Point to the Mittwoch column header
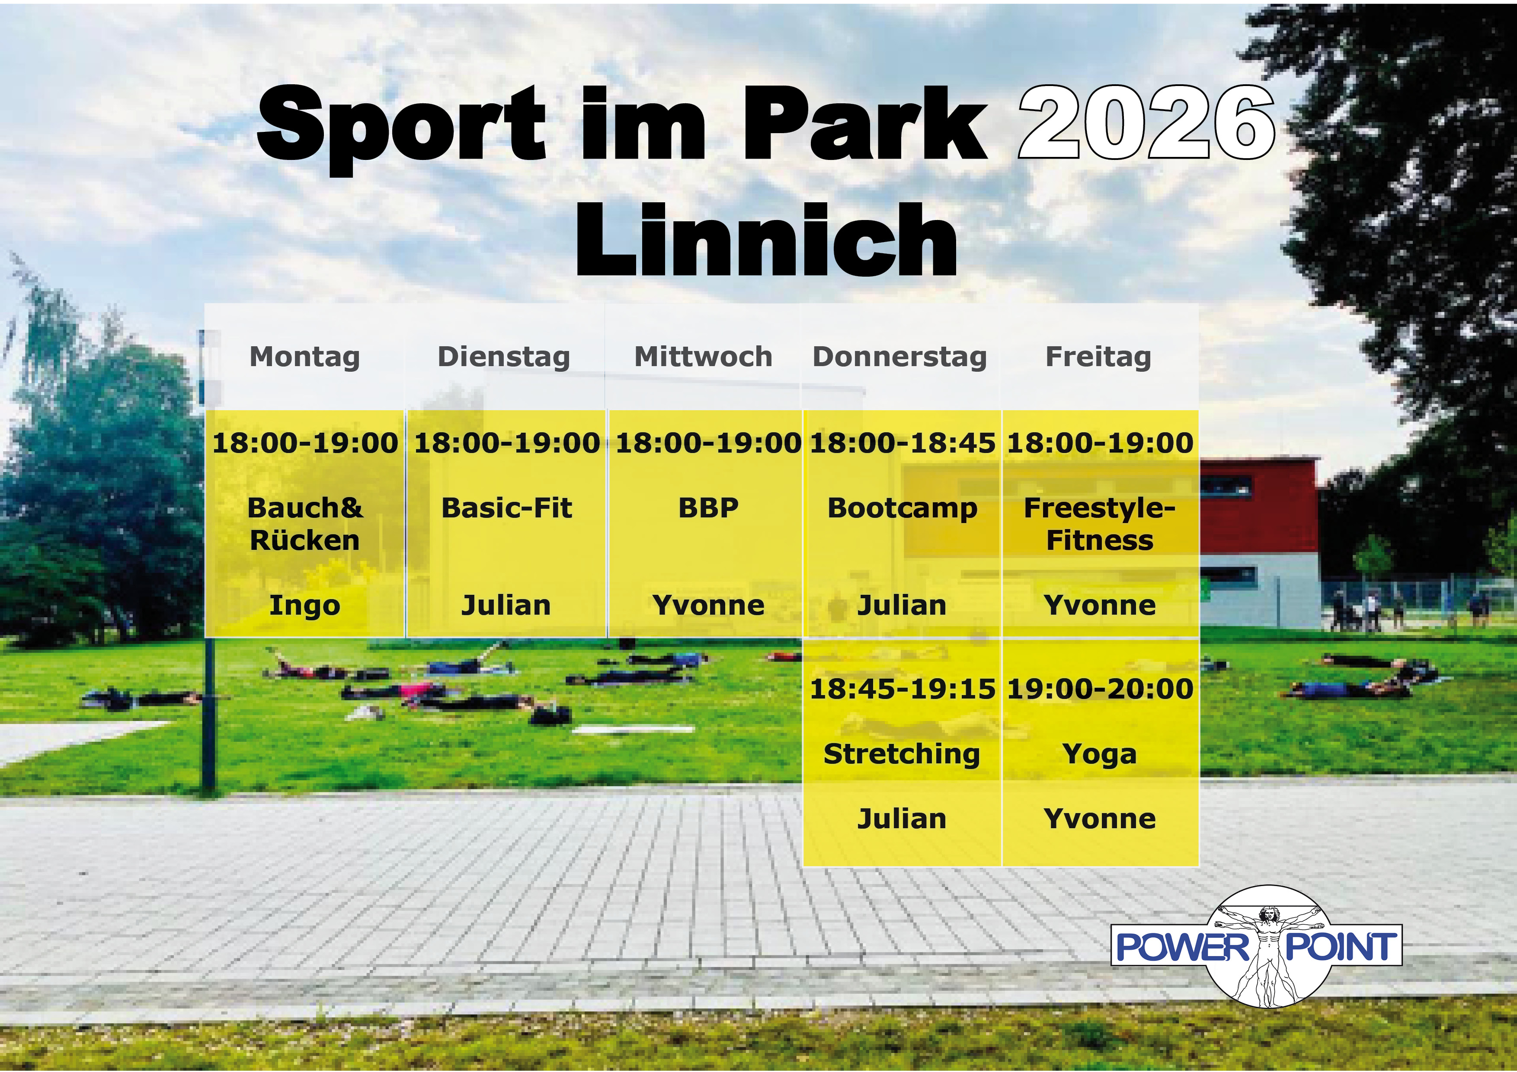click(703, 357)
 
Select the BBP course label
click(708, 508)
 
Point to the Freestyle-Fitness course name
click(1099, 524)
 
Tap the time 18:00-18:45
click(903, 443)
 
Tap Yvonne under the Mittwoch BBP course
click(708, 606)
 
